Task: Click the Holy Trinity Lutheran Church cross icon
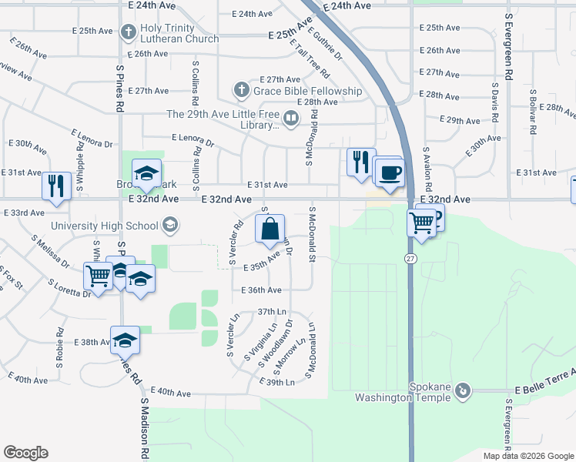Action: [129, 32]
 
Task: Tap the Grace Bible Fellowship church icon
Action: [241, 91]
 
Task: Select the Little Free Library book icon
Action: [291, 119]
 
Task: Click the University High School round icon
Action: [169, 226]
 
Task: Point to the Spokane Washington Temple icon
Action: [462, 391]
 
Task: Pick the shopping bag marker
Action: [270, 229]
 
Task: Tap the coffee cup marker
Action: [390, 172]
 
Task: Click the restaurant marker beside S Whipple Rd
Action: [56, 186]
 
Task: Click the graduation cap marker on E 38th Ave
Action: [126, 340]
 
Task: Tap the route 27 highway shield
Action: [410, 259]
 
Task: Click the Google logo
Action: [25, 453]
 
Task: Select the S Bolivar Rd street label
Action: [532, 109]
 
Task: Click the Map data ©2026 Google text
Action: [528, 456]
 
